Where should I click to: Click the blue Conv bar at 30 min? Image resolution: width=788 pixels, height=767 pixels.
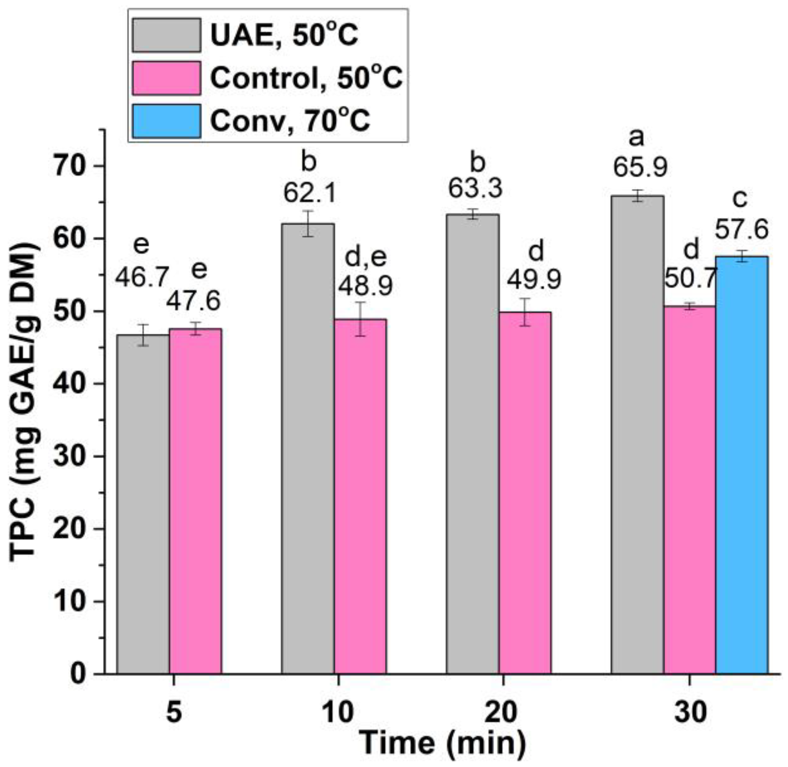[x=741, y=465]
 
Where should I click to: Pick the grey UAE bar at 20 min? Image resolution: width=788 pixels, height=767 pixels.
[x=472, y=444]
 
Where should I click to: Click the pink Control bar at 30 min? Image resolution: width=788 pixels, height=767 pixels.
[x=689, y=490]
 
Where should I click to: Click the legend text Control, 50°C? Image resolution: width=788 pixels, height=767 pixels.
[x=306, y=78]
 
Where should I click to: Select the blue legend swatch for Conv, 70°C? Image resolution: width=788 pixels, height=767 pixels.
[x=166, y=121]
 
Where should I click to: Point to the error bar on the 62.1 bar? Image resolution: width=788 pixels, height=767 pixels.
[x=308, y=223]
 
